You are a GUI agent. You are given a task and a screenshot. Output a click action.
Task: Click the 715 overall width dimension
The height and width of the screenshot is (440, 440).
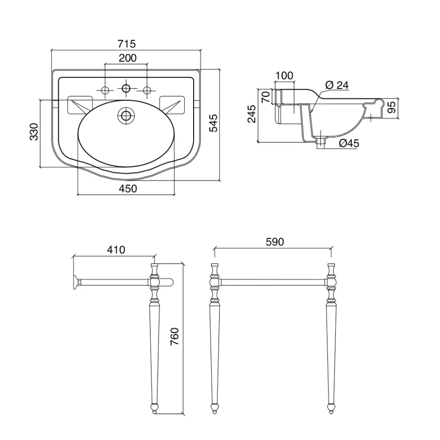(126, 44)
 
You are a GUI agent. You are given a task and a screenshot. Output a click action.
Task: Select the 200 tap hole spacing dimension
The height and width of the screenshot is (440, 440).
(127, 58)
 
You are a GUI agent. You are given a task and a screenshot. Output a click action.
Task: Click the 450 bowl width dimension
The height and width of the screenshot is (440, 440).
(128, 189)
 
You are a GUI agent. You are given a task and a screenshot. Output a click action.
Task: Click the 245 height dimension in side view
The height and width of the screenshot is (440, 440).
(252, 114)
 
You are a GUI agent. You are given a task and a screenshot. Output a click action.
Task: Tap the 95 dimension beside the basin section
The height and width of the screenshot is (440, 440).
(392, 107)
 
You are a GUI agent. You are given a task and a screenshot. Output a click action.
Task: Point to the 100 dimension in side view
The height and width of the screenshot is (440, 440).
(284, 75)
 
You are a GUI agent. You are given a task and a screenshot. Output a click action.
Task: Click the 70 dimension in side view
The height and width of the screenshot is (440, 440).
(265, 97)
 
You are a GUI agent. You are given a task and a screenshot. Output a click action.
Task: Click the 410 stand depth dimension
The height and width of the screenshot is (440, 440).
(116, 250)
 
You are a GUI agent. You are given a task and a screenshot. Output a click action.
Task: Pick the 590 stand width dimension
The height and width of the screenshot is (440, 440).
(275, 242)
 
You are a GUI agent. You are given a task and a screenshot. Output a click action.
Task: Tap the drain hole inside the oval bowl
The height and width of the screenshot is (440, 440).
(125, 115)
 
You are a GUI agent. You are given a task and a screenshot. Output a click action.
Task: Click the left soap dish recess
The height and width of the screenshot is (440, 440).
(80, 105)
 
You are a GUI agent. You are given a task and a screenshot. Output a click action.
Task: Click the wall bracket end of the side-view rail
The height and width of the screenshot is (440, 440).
(74, 283)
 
